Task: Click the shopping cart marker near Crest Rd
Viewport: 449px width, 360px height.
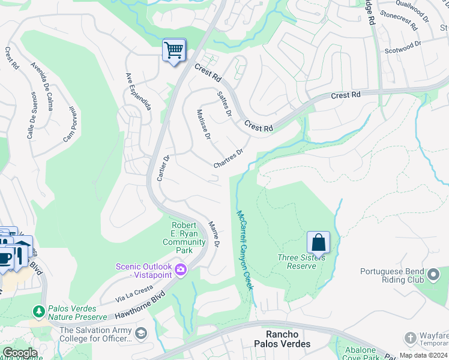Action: point(174,50)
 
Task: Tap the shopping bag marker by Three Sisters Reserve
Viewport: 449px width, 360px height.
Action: point(318,243)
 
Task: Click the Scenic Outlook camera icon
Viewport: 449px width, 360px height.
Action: point(180,271)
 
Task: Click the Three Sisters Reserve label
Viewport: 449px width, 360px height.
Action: point(301,262)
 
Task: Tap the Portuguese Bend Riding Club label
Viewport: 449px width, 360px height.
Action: point(393,275)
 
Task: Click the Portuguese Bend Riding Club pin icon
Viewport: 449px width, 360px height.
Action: point(434,275)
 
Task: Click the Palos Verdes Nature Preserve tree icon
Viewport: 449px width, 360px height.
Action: point(38,311)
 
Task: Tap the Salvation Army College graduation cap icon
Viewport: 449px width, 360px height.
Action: point(140,334)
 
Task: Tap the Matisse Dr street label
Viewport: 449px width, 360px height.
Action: point(203,125)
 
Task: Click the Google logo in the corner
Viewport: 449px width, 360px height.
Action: point(19,352)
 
